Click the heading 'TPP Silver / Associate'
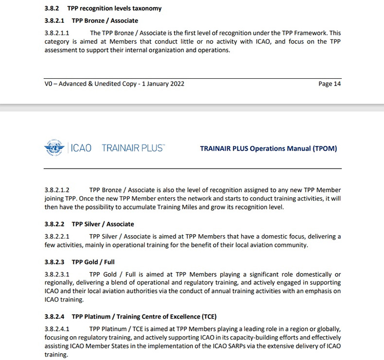103,224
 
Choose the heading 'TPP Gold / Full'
93,262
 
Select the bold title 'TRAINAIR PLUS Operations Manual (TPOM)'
268,149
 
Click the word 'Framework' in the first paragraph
312,33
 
